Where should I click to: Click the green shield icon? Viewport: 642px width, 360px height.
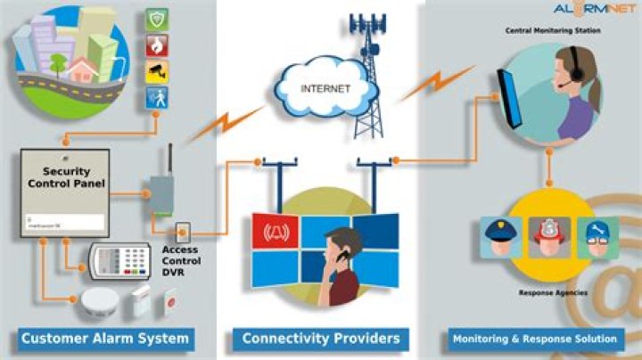coord(157,20)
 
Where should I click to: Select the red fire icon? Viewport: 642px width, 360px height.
coord(157,45)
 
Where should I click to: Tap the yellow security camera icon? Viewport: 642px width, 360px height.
coord(157,71)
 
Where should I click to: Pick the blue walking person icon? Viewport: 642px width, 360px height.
coord(157,97)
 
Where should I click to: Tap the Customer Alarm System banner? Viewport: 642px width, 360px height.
coord(104,339)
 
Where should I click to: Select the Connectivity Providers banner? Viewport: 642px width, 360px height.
coord(321,339)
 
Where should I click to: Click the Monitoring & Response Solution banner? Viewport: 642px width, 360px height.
coord(534,339)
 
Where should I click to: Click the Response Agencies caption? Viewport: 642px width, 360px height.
coord(547,290)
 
